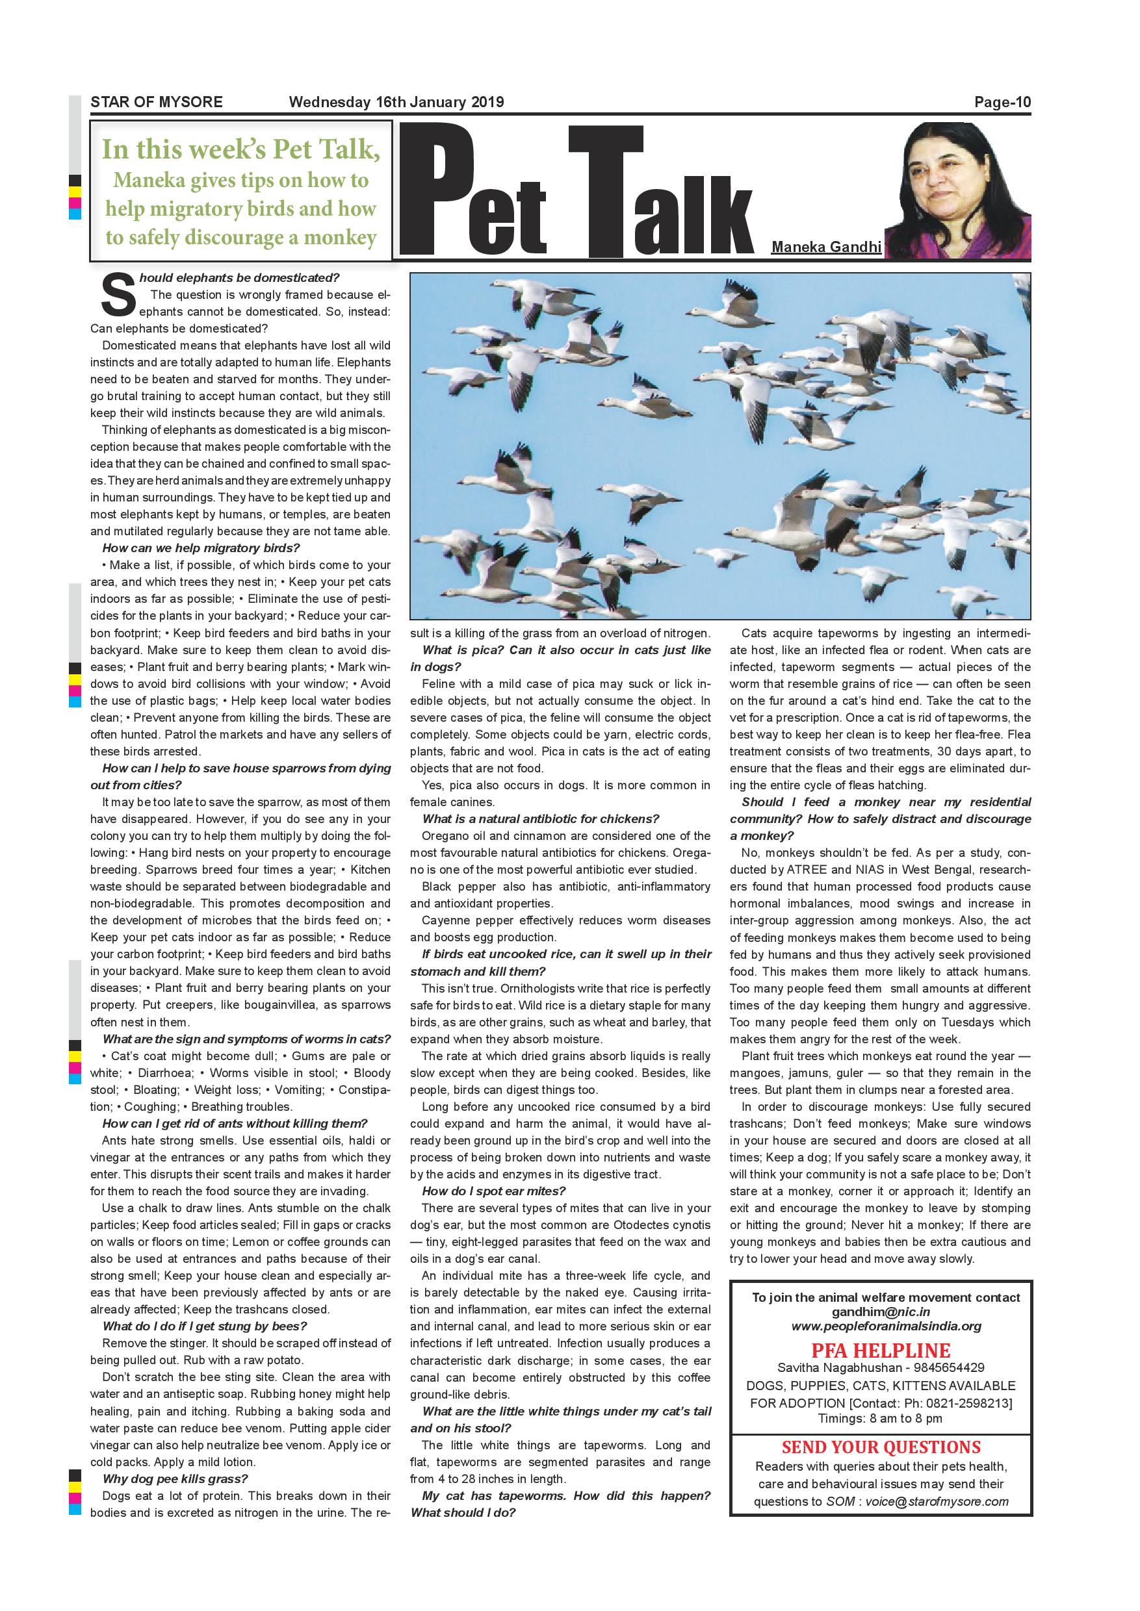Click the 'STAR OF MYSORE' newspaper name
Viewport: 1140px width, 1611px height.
(156, 102)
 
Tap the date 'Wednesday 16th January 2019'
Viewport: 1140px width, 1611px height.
(396, 102)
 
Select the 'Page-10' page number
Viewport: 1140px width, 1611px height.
(1002, 103)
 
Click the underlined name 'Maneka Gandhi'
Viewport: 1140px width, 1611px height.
(826, 247)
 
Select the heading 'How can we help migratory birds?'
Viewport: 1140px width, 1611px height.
(201, 548)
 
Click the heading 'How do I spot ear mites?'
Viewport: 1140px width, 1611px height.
(493, 1191)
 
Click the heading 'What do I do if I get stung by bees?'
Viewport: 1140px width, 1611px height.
(204, 1326)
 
